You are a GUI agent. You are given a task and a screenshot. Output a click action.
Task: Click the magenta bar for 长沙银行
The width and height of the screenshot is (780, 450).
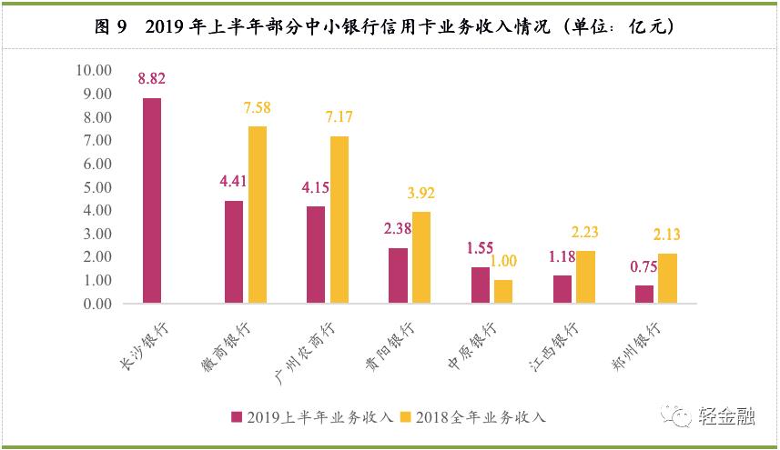(x=152, y=201)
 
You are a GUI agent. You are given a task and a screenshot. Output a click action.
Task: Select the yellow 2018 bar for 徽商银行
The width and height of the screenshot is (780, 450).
(x=258, y=215)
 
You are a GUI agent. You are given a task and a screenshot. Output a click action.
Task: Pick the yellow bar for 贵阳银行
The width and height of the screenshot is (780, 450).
(x=421, y=257)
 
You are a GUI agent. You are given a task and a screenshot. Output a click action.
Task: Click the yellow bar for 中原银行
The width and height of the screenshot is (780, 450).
(x=503, y=292)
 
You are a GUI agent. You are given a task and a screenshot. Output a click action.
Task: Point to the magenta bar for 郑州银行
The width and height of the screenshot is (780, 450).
(x=643, y=295)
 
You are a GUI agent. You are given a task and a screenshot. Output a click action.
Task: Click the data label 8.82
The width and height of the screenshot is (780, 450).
(x=152, y=80)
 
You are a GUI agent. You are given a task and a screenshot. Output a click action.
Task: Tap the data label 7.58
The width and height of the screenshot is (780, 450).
(x=258, y=108)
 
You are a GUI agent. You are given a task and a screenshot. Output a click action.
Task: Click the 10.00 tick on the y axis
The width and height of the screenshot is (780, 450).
(x=93, y=70)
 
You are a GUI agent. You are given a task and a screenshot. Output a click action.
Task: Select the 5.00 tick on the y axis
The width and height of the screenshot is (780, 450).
(x=96, y=187)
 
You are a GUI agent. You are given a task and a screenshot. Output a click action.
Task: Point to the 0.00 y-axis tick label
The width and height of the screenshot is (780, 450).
(x=96, y=304)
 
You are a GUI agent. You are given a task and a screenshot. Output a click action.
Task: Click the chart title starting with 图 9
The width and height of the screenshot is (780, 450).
(x=389, y=27)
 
